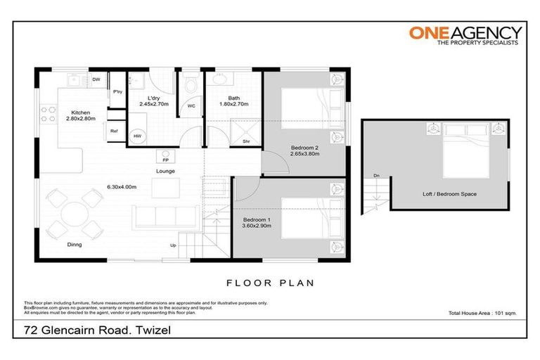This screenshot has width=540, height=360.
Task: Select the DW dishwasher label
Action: pos(96,79)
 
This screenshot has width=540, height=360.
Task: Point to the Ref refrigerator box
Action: pos(114,131)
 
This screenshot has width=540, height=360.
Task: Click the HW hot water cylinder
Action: pos(138,136)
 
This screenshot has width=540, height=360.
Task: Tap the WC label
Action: pos(191,107)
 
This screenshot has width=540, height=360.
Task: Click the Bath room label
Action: pos(233,98)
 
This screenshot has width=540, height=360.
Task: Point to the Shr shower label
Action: pos(247,141)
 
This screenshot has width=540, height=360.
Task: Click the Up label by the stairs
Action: pos(173,245)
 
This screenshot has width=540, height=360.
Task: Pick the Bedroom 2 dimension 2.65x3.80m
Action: pos(305,153)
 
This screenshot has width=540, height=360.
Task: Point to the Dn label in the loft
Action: pos(378,176)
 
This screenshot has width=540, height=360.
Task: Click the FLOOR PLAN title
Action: pos(269,283)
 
